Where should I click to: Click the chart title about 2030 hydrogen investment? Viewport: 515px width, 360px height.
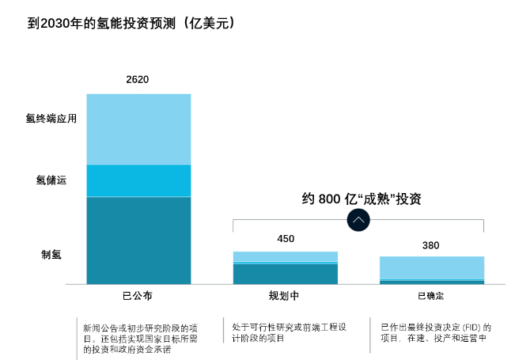(x=131, y=24)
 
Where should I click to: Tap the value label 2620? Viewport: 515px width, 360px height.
(x=138, y=79)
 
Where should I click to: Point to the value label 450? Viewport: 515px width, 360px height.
(x=285, y=238)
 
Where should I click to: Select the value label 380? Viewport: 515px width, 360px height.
(x=430, y=245)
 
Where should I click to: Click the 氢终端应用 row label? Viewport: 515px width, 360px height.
(x=51, y=119)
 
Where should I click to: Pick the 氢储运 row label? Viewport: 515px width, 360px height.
(x=51, y=180)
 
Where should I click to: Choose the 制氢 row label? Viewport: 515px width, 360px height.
(x=51, y=254)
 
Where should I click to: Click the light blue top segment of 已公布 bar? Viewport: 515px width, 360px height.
(x=138, y=129)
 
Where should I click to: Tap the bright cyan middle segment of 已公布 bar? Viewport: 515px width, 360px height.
(x=138, y=180)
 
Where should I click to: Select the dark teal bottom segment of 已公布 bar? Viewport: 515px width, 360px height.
(x=138, y=240)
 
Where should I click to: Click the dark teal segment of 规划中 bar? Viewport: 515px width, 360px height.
(x=285, y=273)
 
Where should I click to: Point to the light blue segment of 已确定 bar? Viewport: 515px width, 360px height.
(x=431, y=267)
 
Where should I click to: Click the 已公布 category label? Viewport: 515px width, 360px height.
(x=138, y=296)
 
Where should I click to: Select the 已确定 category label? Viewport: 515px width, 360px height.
(x=430, y=296)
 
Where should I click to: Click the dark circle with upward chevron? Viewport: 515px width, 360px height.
(x=358, y=220)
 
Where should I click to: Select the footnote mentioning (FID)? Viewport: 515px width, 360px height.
(x=435, y=332)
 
